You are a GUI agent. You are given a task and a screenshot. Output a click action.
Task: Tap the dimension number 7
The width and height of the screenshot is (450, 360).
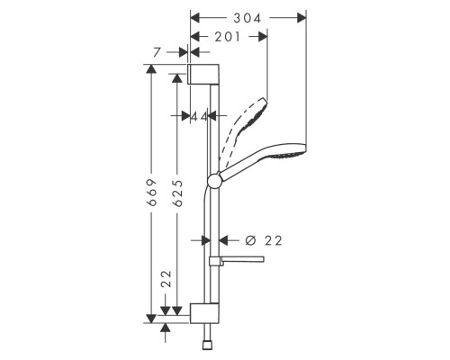coord(157,54)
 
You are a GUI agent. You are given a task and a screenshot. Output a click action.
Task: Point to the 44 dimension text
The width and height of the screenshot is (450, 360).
coord(200,116)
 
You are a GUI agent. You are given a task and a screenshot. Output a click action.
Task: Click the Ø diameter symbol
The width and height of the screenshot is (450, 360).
coord(250,240)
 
